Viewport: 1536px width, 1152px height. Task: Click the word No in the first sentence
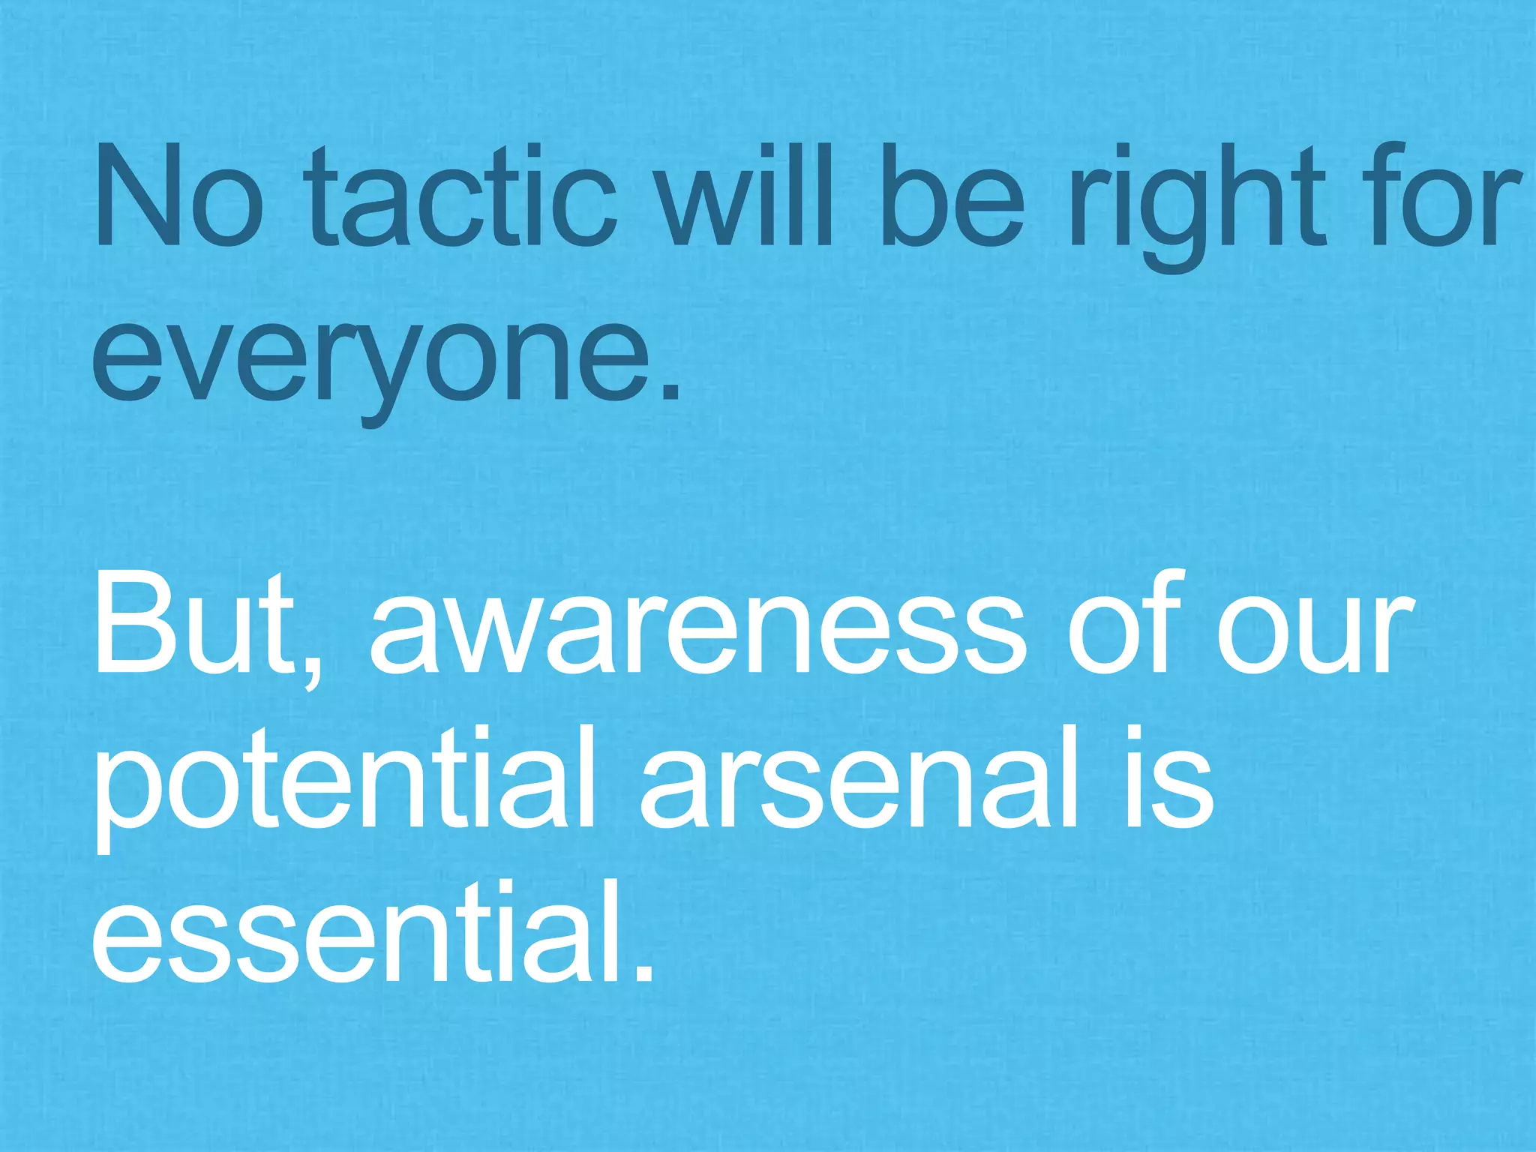[x=178, y=196]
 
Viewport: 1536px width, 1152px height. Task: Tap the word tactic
[x=460, y=196]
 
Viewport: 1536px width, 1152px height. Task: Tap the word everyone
[x=367, y=356]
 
